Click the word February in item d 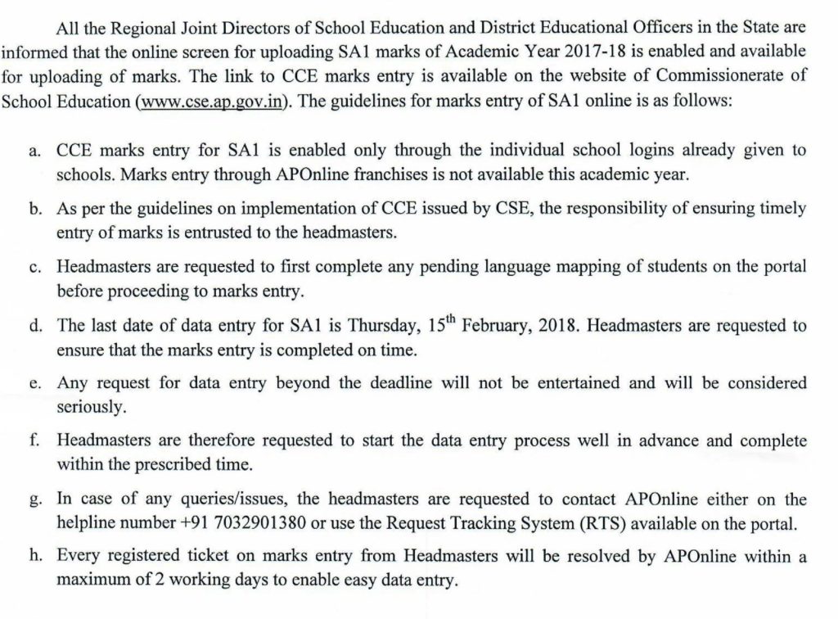pos(497,326)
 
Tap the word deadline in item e pos(410,384)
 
